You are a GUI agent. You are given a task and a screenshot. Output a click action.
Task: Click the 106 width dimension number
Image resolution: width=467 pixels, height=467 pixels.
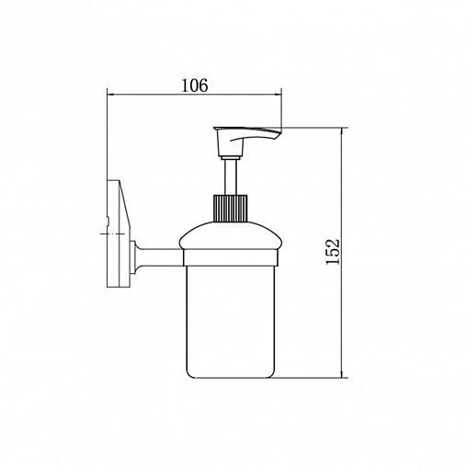point(195,85)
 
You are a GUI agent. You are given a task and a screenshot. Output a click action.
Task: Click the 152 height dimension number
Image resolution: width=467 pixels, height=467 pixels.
point(333,252)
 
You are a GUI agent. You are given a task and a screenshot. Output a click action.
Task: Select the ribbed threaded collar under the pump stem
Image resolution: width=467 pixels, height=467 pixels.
point(230,208)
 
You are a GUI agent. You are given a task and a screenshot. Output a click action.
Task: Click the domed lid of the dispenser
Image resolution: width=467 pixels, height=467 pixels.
point(231,235)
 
